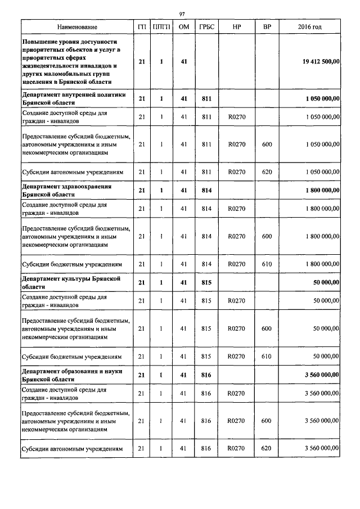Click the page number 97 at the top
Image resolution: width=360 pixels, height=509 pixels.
pos(182,14)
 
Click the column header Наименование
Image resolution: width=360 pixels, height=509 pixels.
pos(76,27)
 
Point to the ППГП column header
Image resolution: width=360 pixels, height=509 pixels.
pos(161,27)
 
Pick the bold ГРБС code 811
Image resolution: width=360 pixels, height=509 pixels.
pos(205,99)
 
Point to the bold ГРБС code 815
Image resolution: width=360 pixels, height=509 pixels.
pos(205,282)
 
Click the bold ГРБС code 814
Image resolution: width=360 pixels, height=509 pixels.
pos(205,191)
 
